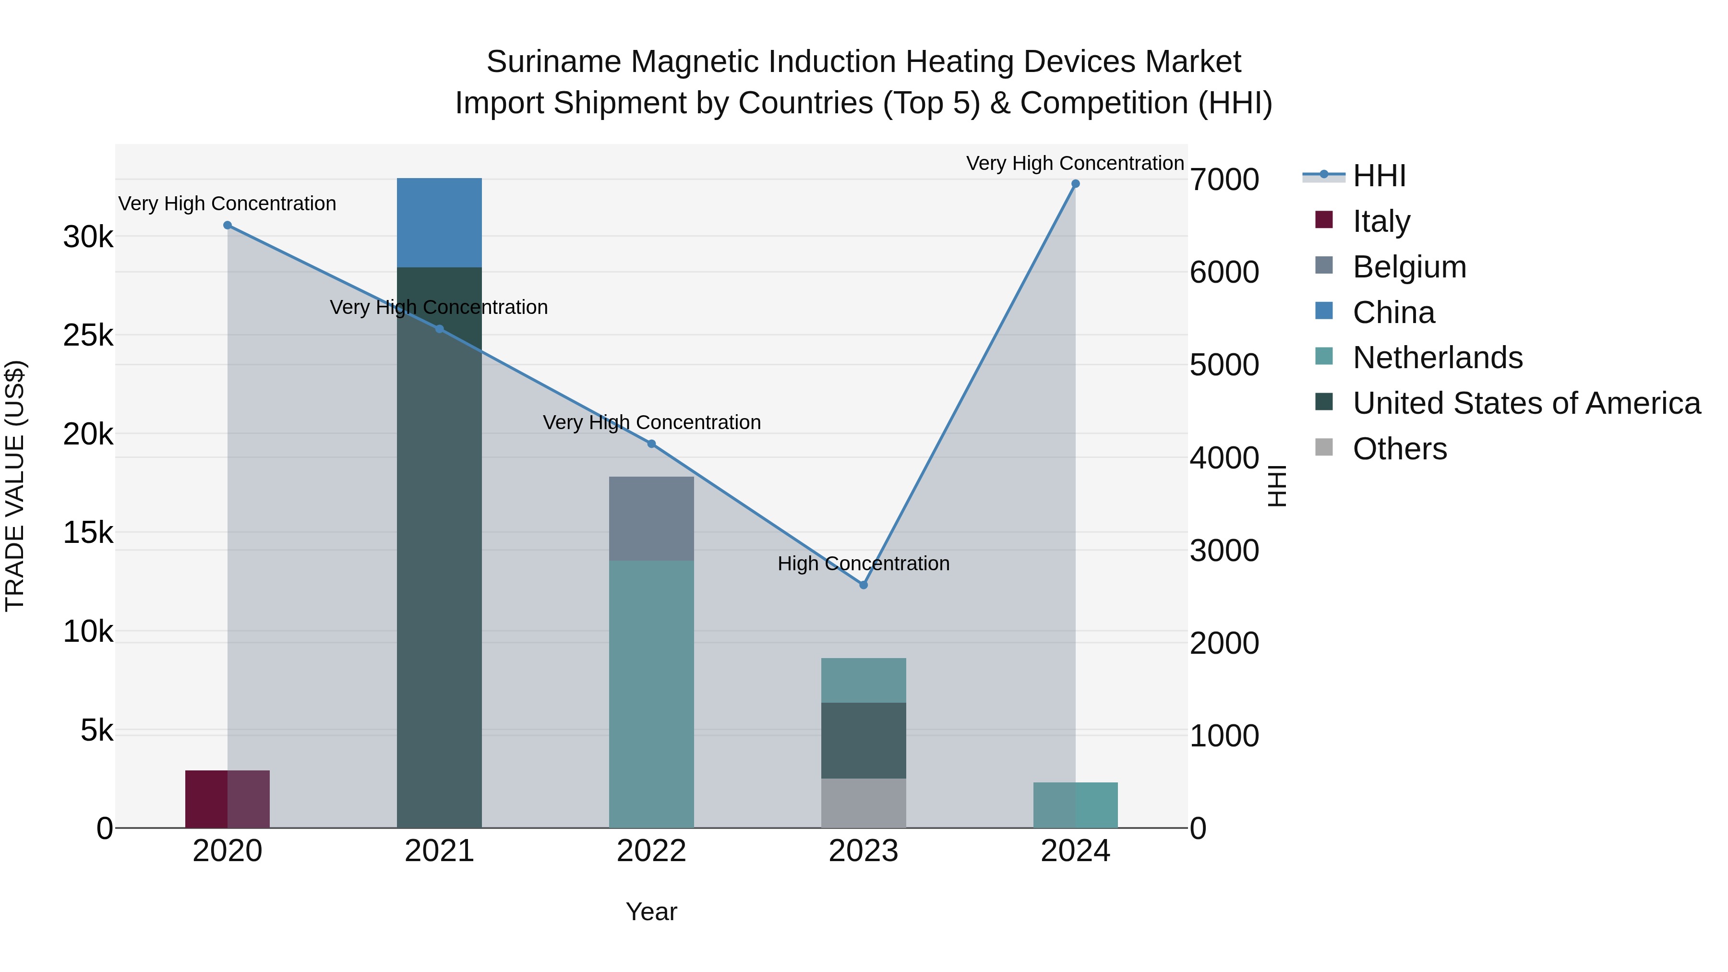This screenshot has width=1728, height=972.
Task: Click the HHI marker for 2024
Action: click(1075, 184)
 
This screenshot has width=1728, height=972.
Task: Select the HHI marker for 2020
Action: click(228, 226)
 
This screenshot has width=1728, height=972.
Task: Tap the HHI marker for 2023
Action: click(864, 585)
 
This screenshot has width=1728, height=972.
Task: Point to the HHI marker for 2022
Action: click(651, 444)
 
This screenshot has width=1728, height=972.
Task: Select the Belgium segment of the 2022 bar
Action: click(651, 518)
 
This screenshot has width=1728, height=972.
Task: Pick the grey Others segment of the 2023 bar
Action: click(864, 803)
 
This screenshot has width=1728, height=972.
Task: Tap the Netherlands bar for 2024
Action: click(1075, 805)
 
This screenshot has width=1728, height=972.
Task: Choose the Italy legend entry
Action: click(1381, 221)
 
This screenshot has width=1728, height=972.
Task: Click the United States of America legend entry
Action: click(1526, 403)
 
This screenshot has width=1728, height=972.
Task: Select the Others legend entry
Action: click(1399, 449)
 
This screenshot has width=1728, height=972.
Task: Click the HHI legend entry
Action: click(1379, 176)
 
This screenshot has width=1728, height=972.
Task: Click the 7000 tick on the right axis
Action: click(1224, 180)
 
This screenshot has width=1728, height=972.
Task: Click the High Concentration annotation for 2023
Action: click(864, 564)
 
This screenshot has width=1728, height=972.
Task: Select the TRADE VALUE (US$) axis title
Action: click(15, 486)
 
